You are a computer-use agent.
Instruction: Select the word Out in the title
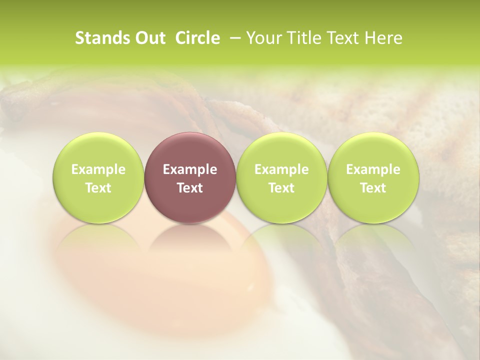pos(148,38)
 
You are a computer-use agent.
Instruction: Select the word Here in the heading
pos(383,38)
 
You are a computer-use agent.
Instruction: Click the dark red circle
pos(190,177)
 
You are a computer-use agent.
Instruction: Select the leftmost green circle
pos(98,177)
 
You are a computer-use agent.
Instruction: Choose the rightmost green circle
pos(373,177)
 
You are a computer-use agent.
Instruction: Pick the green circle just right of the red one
pos(281,177)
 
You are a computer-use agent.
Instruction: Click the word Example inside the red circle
pos(190,169)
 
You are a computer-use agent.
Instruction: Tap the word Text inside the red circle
pos(190,188)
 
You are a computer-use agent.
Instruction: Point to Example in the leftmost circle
pos(98,169)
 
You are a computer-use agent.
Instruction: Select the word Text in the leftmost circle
pos(98,188)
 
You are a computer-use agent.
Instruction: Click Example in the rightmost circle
pos(373,169)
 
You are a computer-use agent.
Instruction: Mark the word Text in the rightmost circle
pos(373,188)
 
